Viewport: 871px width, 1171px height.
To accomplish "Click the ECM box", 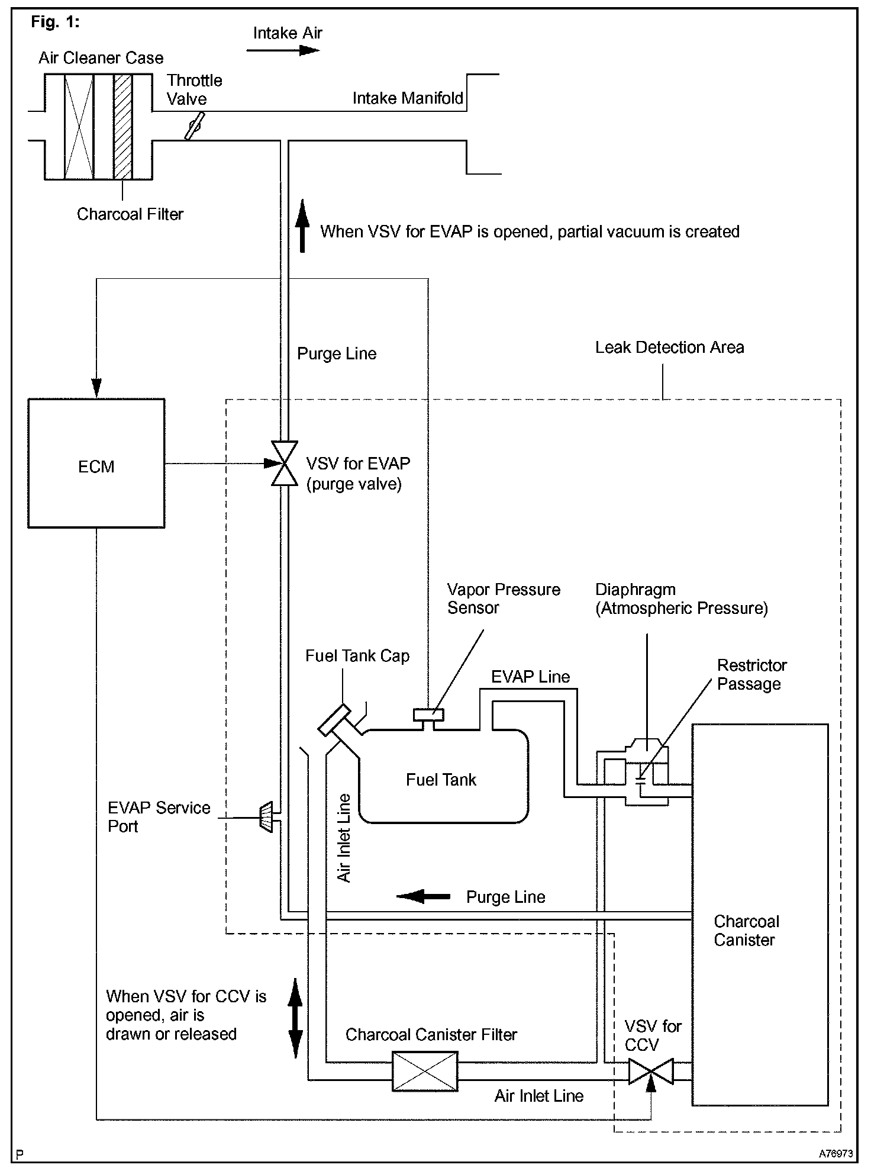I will click(96, 463).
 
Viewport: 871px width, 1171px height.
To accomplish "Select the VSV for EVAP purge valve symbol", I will click(284, 464).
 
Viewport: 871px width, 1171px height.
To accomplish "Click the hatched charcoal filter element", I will click(123, 126).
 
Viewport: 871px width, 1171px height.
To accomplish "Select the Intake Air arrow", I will click(283, 50).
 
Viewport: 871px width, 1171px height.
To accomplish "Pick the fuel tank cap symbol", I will click(333, 719).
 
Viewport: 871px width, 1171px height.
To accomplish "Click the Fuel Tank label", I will click(441, 780).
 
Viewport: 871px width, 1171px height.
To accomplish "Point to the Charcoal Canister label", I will click(746, 930).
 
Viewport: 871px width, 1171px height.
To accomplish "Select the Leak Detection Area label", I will click(669, 348).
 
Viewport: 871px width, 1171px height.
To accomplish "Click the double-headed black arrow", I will click(295, 1018).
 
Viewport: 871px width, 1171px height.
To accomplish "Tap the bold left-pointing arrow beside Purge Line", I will click(423, 896).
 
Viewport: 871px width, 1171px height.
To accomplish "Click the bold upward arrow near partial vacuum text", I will click(302, 226).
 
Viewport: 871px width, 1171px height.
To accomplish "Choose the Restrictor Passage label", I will click(751, 674).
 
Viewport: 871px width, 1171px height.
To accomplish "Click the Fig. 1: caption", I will click(55, 22).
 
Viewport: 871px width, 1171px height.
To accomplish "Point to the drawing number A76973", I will click(835, 1153).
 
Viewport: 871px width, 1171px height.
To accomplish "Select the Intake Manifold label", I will click(408, 98).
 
